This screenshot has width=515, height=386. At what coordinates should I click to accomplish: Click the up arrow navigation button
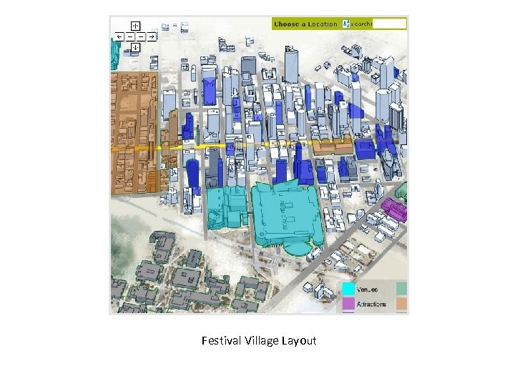(x=134, y=24)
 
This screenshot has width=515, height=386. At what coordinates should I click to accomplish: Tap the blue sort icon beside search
(x=345, y=24)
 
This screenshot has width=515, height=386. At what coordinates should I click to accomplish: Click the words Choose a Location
(x=305, y=24)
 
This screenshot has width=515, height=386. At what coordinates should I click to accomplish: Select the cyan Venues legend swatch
(x=348, y=289)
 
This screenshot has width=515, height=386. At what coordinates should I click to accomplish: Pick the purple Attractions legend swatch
(x=348, y=304)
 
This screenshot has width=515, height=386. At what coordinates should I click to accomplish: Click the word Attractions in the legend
(x=372, y=304)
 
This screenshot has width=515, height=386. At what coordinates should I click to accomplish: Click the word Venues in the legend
(x=369, y=289)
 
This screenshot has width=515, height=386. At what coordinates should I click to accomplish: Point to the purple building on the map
(x=393, y=209)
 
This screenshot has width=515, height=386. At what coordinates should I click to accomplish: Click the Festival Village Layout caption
(x=258, y=341)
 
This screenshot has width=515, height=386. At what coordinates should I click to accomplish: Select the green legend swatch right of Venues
(x=401, y=289)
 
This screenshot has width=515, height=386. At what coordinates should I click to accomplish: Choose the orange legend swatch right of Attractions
(x=401, y=304)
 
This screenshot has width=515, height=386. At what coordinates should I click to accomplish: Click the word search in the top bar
(x=362, y=24)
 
